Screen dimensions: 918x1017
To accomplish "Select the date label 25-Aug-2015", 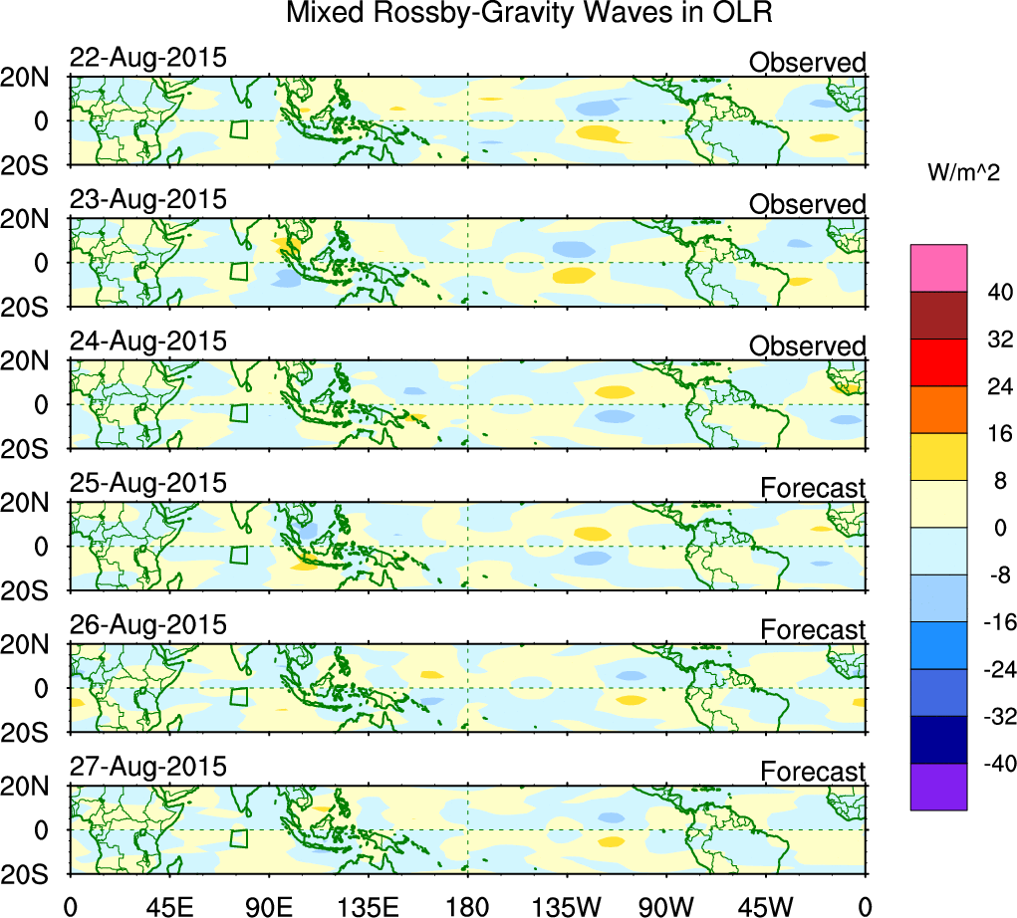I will pyautogui.click(x=147, y=484).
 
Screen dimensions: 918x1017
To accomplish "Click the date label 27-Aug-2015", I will pyautogui.click(x=147, y=768).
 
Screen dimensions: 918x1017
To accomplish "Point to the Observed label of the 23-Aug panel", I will pyautogui.click(x=807, y=204).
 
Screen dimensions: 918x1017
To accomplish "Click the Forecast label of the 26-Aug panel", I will pyautogui.click(x=813, y=630).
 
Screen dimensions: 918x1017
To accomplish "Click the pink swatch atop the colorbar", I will pyautogui.click(x=938, y=268).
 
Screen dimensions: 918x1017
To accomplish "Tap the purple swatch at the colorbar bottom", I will pyautogui.click(x=938, y=787).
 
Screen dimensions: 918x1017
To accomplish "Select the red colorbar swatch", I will pyautogui.click(x=938, y=362).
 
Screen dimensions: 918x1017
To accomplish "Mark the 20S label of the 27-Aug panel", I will pyautogui.click(x=33, y=874).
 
